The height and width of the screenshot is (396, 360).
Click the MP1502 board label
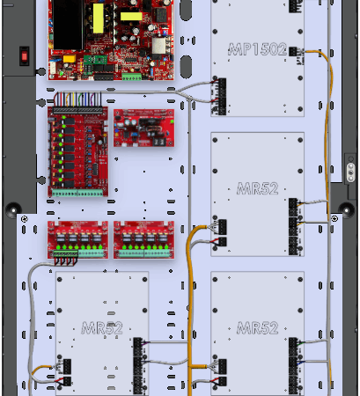tap(257, 49)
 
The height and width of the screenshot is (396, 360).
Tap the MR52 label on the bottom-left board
tap(102, 328)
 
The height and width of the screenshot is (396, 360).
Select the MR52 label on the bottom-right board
tap(257, 328)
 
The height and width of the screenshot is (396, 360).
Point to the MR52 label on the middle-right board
tap(257, 188)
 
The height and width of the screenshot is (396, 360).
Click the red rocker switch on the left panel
tap(25, 55)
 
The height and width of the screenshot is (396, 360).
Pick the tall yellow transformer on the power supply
tap(99, 18)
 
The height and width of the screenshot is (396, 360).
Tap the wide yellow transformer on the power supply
tap(131, 17)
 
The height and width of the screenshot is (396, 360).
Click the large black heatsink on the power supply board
tap(68, 25)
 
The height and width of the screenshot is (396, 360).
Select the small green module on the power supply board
tap(95, 60)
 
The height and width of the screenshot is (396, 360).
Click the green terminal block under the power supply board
tap(132, 77)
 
